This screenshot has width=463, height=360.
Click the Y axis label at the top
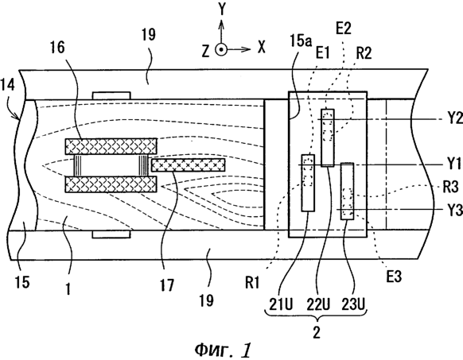click(221, 9)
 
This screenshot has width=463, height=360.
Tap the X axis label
click(262, 47)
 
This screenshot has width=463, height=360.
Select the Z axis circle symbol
click(221, 50)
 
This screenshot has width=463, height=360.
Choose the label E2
click(344, 29)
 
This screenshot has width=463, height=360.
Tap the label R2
click(364, 54)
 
